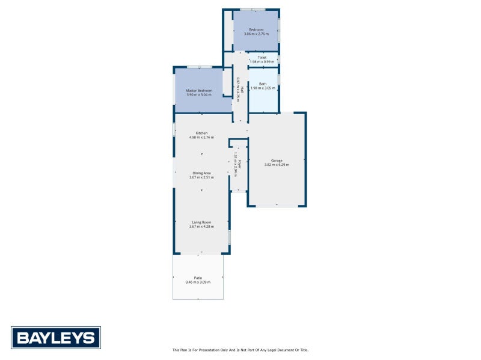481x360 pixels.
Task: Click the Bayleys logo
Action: click(x=56, y=337)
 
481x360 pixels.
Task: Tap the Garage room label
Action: click(x=277, y=160)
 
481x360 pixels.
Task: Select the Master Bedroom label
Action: click(x=199, y=90)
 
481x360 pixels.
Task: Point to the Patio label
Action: click(x=198, y=278)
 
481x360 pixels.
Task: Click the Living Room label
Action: click(x=201, y=222)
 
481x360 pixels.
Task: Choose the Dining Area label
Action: click(x=201, y=173)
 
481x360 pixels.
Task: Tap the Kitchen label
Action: click(x=201, y=133)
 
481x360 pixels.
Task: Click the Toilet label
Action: click(x=262, y=57)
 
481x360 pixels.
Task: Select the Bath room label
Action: click(x=263, y=84)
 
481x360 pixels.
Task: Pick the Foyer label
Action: click(x=239, y=163)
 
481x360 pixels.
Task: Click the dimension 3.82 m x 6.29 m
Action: click(x=277, y=165)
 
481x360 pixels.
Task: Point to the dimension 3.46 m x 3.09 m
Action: click(x=198, y=282)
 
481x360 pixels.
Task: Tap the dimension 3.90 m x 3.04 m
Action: click(x=199, y=94)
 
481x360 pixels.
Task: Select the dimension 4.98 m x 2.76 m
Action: click(x=201, y=137)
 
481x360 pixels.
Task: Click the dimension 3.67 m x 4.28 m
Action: click(x=201, y=226)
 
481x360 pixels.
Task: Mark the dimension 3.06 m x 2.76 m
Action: click(x=256, y=34)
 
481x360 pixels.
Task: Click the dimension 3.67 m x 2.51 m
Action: click(x=201, y=177)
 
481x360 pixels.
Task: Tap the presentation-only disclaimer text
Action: click(x=240, y=350)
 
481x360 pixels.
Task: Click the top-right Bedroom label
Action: click(x=256, y=29)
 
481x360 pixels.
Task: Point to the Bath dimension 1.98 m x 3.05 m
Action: click(x=263, y=88)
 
